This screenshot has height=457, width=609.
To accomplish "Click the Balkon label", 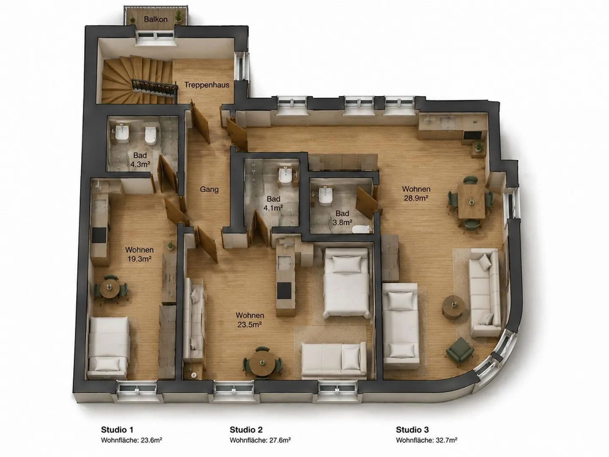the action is (156, 19).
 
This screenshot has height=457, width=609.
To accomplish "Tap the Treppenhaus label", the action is (207, 85).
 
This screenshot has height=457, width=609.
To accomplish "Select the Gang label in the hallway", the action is (209, 189).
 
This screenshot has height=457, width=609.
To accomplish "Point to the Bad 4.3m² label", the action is (140, 160).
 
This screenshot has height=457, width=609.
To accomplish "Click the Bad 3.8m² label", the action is (343, 218).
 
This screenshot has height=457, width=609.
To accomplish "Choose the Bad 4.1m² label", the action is (273, 203).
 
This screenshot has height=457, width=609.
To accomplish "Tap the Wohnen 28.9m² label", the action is (416, 193).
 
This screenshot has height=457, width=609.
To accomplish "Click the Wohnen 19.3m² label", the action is (139, 254).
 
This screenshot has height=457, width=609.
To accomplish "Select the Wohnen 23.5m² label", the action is (250, 320).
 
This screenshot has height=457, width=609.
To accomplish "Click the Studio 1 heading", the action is (117, 430).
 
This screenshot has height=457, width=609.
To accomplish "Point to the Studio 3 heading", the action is (412, 430).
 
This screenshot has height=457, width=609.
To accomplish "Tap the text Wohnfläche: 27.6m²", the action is (260, 440).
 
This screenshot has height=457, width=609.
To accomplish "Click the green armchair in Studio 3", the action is (459, 350).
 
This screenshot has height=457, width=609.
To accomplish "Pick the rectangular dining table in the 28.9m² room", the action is (471, 201).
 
